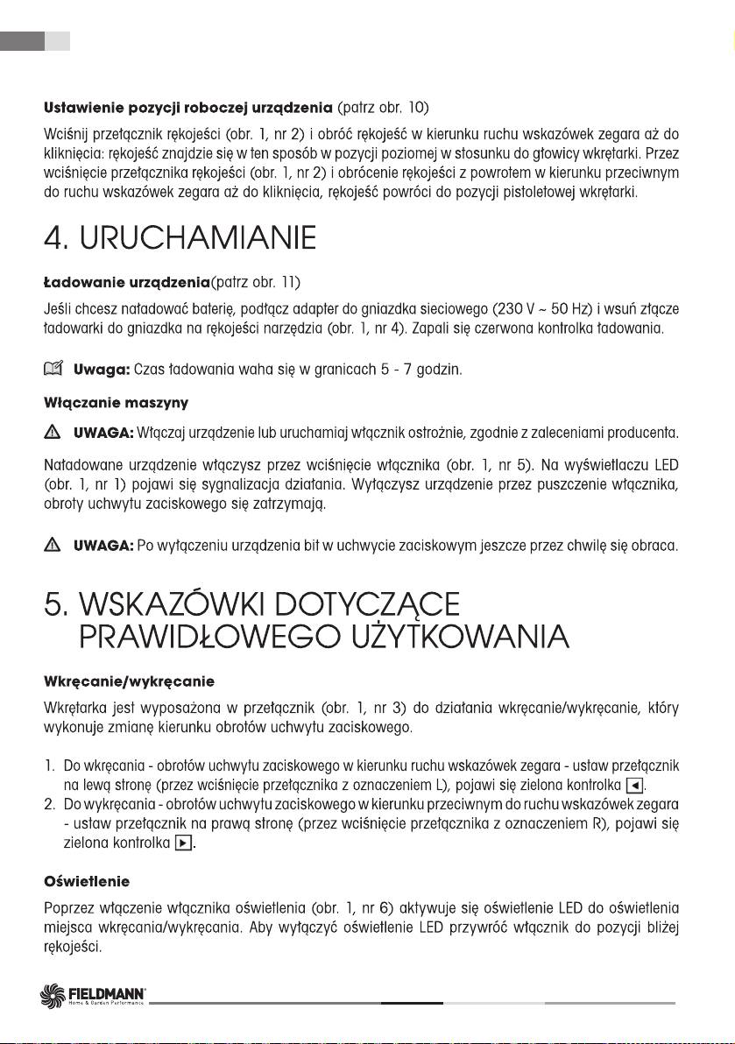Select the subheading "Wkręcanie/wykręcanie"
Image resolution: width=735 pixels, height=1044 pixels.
click(129, 681)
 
